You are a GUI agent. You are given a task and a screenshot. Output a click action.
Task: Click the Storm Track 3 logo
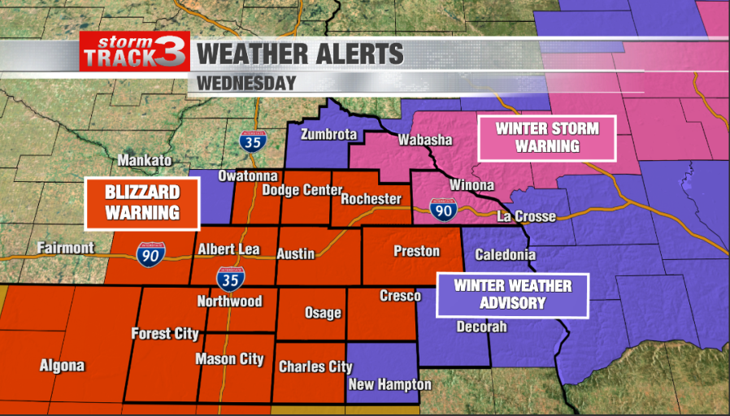point(135,51)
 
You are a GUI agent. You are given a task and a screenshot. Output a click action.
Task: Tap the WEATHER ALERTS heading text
point(301,54)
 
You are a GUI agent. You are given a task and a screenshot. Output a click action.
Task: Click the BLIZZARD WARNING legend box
point(141,203)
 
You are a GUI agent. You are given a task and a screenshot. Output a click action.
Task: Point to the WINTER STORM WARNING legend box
point(546,137)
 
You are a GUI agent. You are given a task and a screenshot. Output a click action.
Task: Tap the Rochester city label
point(371,199)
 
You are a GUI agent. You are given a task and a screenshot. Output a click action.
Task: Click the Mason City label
point(229,359)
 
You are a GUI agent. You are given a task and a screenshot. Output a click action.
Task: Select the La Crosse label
point(526,217)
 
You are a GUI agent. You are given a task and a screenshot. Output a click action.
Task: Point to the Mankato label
point(145,160)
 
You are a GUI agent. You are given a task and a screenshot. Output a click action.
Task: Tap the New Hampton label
point(389,384)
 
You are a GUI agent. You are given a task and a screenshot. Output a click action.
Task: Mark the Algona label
point(62,366)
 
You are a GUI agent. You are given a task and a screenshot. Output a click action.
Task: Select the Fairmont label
point(65,248)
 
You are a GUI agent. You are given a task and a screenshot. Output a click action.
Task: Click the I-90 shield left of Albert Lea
point(154,253)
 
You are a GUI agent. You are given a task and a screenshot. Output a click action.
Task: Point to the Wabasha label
point(424,141)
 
